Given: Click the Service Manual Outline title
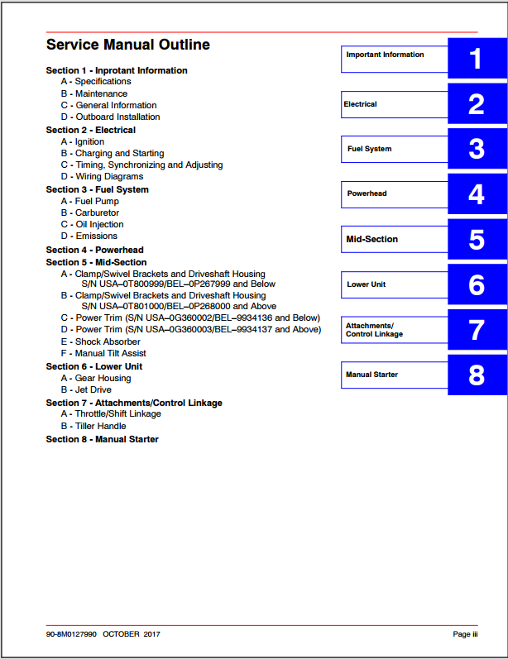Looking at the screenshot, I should (128, 45).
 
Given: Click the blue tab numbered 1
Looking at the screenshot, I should (476, 60).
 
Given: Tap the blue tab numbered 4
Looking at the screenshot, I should (476, 194).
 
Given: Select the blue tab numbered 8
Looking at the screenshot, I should (476, 375).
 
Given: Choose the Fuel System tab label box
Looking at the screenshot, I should (394, 149).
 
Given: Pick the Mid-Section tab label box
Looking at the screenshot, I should (394, 239).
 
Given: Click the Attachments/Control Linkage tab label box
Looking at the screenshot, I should (394, 330).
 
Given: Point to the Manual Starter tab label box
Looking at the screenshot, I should (394, 375).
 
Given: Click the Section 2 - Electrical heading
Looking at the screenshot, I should (91, 130).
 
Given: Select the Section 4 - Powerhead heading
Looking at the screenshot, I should (94, 250).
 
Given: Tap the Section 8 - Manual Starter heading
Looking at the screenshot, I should (102, 439).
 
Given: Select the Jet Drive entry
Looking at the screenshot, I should (93, 389).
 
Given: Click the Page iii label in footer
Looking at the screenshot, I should (465, 634).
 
